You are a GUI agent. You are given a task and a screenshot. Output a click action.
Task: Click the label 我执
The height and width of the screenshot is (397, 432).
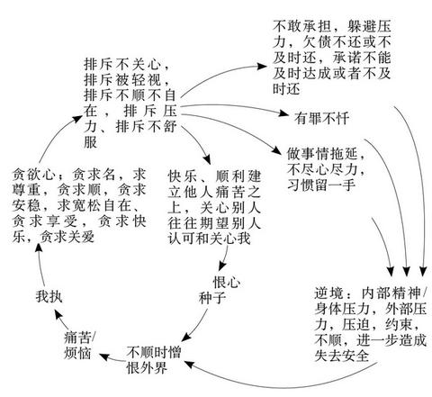pos(49,296)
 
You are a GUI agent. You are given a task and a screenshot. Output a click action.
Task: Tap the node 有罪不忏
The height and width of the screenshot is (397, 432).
pos(321,118)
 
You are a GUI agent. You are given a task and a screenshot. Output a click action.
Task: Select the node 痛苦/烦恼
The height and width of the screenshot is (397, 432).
pos(79,346)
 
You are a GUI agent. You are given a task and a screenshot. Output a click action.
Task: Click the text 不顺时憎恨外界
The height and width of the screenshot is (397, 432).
pos(154,359)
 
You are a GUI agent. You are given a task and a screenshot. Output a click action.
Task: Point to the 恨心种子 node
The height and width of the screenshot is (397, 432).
pos(219,290)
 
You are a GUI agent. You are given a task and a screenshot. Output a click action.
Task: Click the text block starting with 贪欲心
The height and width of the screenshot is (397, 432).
pos(79,205)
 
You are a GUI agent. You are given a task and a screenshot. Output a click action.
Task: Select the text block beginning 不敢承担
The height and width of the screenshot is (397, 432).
pos(331,58)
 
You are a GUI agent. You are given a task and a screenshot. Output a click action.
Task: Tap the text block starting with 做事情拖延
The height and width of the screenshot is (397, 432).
pos(326,169)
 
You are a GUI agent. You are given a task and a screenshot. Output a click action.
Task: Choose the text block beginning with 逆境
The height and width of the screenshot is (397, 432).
pos(371,324)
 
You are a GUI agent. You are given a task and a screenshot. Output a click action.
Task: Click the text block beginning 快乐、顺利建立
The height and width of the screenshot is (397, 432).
pos(214,207)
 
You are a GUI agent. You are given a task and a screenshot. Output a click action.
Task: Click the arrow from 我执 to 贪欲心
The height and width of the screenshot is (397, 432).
pos(40,264)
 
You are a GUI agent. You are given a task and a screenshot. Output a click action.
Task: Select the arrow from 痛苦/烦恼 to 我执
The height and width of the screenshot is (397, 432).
pos(61,320)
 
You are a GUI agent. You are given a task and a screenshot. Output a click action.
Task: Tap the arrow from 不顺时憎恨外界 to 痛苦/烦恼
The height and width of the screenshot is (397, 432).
pos(112,357)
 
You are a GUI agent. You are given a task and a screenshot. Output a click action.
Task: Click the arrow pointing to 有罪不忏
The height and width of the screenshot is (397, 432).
pos(234,106)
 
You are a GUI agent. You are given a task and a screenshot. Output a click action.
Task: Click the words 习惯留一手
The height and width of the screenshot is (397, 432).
pos(321,185)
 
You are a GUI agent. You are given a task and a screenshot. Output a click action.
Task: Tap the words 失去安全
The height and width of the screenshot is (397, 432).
pos(342,356)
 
